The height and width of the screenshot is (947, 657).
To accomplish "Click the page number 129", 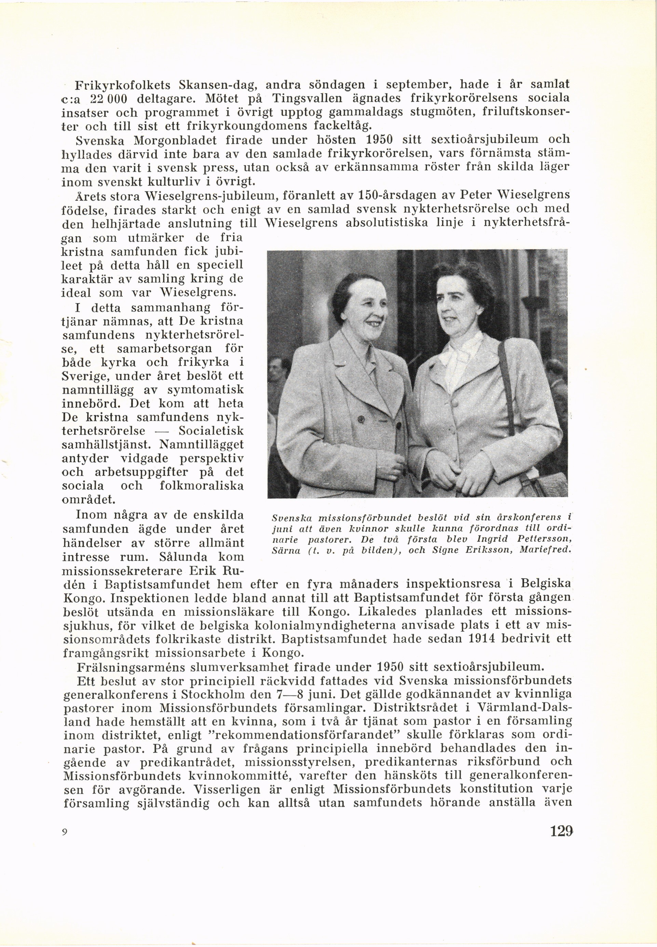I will [x=561, y=828].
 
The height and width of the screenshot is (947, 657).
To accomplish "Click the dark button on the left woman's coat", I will [x=361, y=419].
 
